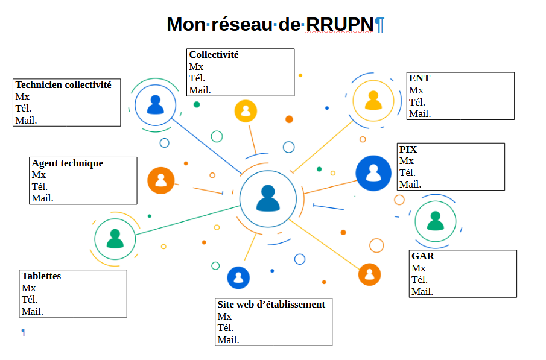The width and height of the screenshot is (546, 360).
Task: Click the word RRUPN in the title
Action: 339,24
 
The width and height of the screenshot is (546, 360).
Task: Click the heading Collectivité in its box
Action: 214,55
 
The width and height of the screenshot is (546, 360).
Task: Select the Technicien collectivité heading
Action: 63,85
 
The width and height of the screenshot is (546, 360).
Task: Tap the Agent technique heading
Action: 67,163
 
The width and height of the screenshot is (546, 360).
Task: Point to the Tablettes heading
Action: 41,276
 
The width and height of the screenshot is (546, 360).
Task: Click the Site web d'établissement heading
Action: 271,305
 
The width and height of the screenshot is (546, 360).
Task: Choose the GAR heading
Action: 422,256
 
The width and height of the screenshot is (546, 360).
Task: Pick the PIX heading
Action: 408,149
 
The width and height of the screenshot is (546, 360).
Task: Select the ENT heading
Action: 419,78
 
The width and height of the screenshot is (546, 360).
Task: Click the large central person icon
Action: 268,198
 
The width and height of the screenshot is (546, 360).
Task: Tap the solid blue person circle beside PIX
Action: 373,173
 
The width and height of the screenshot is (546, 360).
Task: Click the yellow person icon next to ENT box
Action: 373,101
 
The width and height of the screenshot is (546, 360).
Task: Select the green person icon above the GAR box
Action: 435,221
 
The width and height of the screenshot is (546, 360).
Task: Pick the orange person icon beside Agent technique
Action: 161,180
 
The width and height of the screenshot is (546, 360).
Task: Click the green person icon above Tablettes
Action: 115,238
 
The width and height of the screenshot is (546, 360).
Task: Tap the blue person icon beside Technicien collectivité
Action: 155,105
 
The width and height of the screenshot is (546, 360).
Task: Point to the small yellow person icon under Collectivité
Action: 246,111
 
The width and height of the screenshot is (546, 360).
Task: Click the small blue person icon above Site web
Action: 238,277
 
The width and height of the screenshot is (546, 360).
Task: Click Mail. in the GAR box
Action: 422,292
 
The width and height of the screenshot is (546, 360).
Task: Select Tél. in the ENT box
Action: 417,102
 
